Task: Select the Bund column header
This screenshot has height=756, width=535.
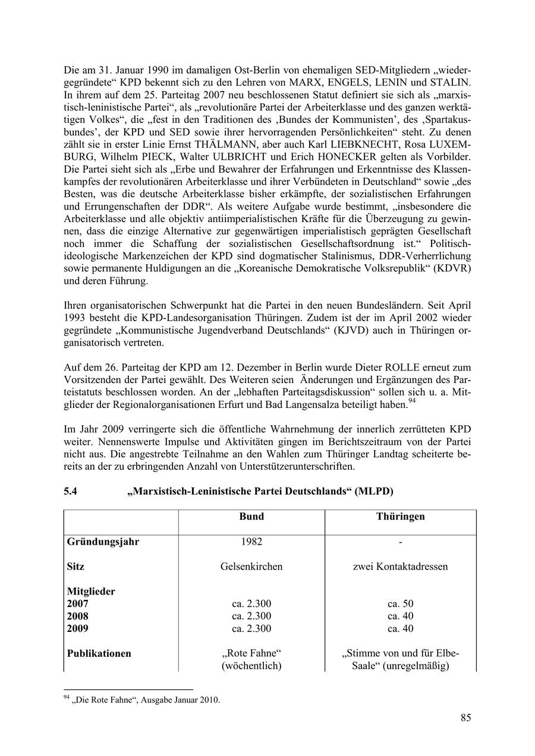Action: tap(251, 517)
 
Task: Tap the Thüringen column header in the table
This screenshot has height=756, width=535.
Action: tap(400, 517)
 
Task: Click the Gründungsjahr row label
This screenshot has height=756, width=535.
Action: tap(103, 542)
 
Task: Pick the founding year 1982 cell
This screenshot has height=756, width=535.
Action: tap(251, 542)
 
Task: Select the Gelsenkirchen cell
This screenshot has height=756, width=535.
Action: tap(251, 567)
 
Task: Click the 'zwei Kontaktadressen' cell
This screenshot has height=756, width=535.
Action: tap(400, 567)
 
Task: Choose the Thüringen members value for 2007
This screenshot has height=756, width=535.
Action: tap(400, 604)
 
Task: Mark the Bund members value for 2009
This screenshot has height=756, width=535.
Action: tap(251, 628)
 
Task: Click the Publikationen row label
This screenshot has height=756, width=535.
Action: tap(99, 653)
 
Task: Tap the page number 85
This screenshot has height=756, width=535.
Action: tap(465, 718)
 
